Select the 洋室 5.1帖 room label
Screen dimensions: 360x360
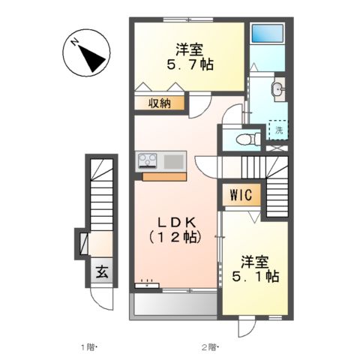pyautogui.click(x=259, y=269)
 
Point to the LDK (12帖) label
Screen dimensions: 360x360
pyautogui.click(x=175, y=229)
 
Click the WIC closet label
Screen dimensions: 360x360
pyautogui.click(x=241, y=196)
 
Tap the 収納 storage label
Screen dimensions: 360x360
pyautogui.click(x=159, y=103)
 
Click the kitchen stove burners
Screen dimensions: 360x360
pyautogui.click(x=146, y=160)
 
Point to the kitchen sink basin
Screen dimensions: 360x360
pyautogui.click(x=174, y=160)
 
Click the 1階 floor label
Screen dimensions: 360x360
pyautogui.click(x=89, y=346)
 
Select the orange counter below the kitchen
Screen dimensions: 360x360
pyautogui.click(x=164, y=177)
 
